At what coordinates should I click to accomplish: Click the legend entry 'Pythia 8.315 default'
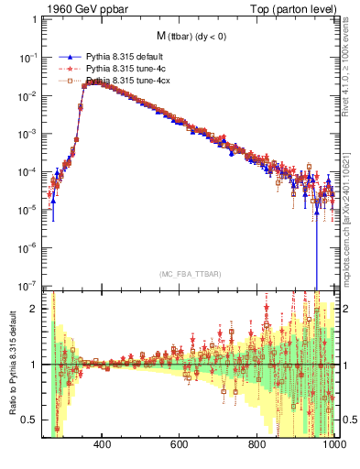[124, 56]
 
